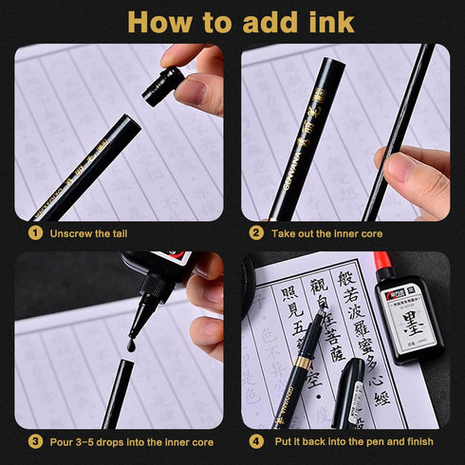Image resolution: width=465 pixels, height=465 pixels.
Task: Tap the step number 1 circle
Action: pyautogui.click(x=35, y=232)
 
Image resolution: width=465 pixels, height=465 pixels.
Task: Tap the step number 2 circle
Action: pyautogui.click(x=256, y=232)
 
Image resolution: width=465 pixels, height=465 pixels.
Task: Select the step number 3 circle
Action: pyautogui.click(x=35, y=441)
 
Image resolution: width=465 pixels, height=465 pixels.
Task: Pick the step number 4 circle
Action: pyautogui.click(x=256, y=441)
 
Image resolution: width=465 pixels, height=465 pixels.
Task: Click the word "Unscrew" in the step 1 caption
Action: pyautogui.click(x=72, y=232)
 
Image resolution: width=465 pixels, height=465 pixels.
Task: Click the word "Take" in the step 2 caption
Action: pyautogui.click(x=285, y=232)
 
